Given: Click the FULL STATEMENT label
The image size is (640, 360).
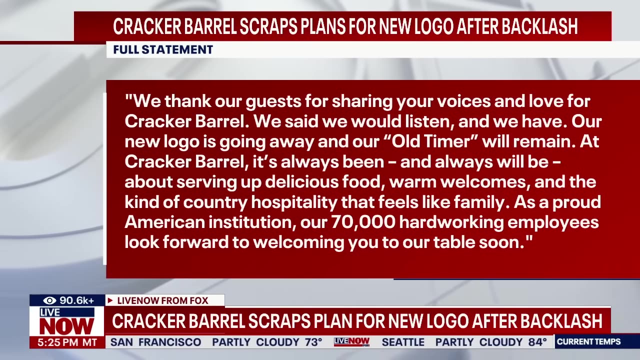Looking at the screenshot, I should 163,49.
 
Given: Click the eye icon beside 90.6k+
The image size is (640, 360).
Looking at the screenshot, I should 49,300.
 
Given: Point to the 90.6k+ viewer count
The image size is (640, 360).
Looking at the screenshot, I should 77,300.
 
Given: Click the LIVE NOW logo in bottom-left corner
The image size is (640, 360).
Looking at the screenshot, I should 66,321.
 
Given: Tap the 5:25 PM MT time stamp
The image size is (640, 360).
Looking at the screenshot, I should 67,342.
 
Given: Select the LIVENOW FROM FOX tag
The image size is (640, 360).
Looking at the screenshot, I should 165,300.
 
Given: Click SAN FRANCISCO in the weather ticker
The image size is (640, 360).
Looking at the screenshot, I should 155,342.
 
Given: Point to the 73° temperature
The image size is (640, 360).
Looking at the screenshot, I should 313,342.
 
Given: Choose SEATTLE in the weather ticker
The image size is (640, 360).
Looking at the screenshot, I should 403,342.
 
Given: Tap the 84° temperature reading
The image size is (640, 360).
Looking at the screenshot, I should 537,342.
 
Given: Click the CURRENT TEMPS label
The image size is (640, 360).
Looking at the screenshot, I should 588,342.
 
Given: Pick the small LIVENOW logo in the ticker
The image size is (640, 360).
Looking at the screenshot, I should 351,342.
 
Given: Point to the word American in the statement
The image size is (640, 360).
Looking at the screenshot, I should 165,222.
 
